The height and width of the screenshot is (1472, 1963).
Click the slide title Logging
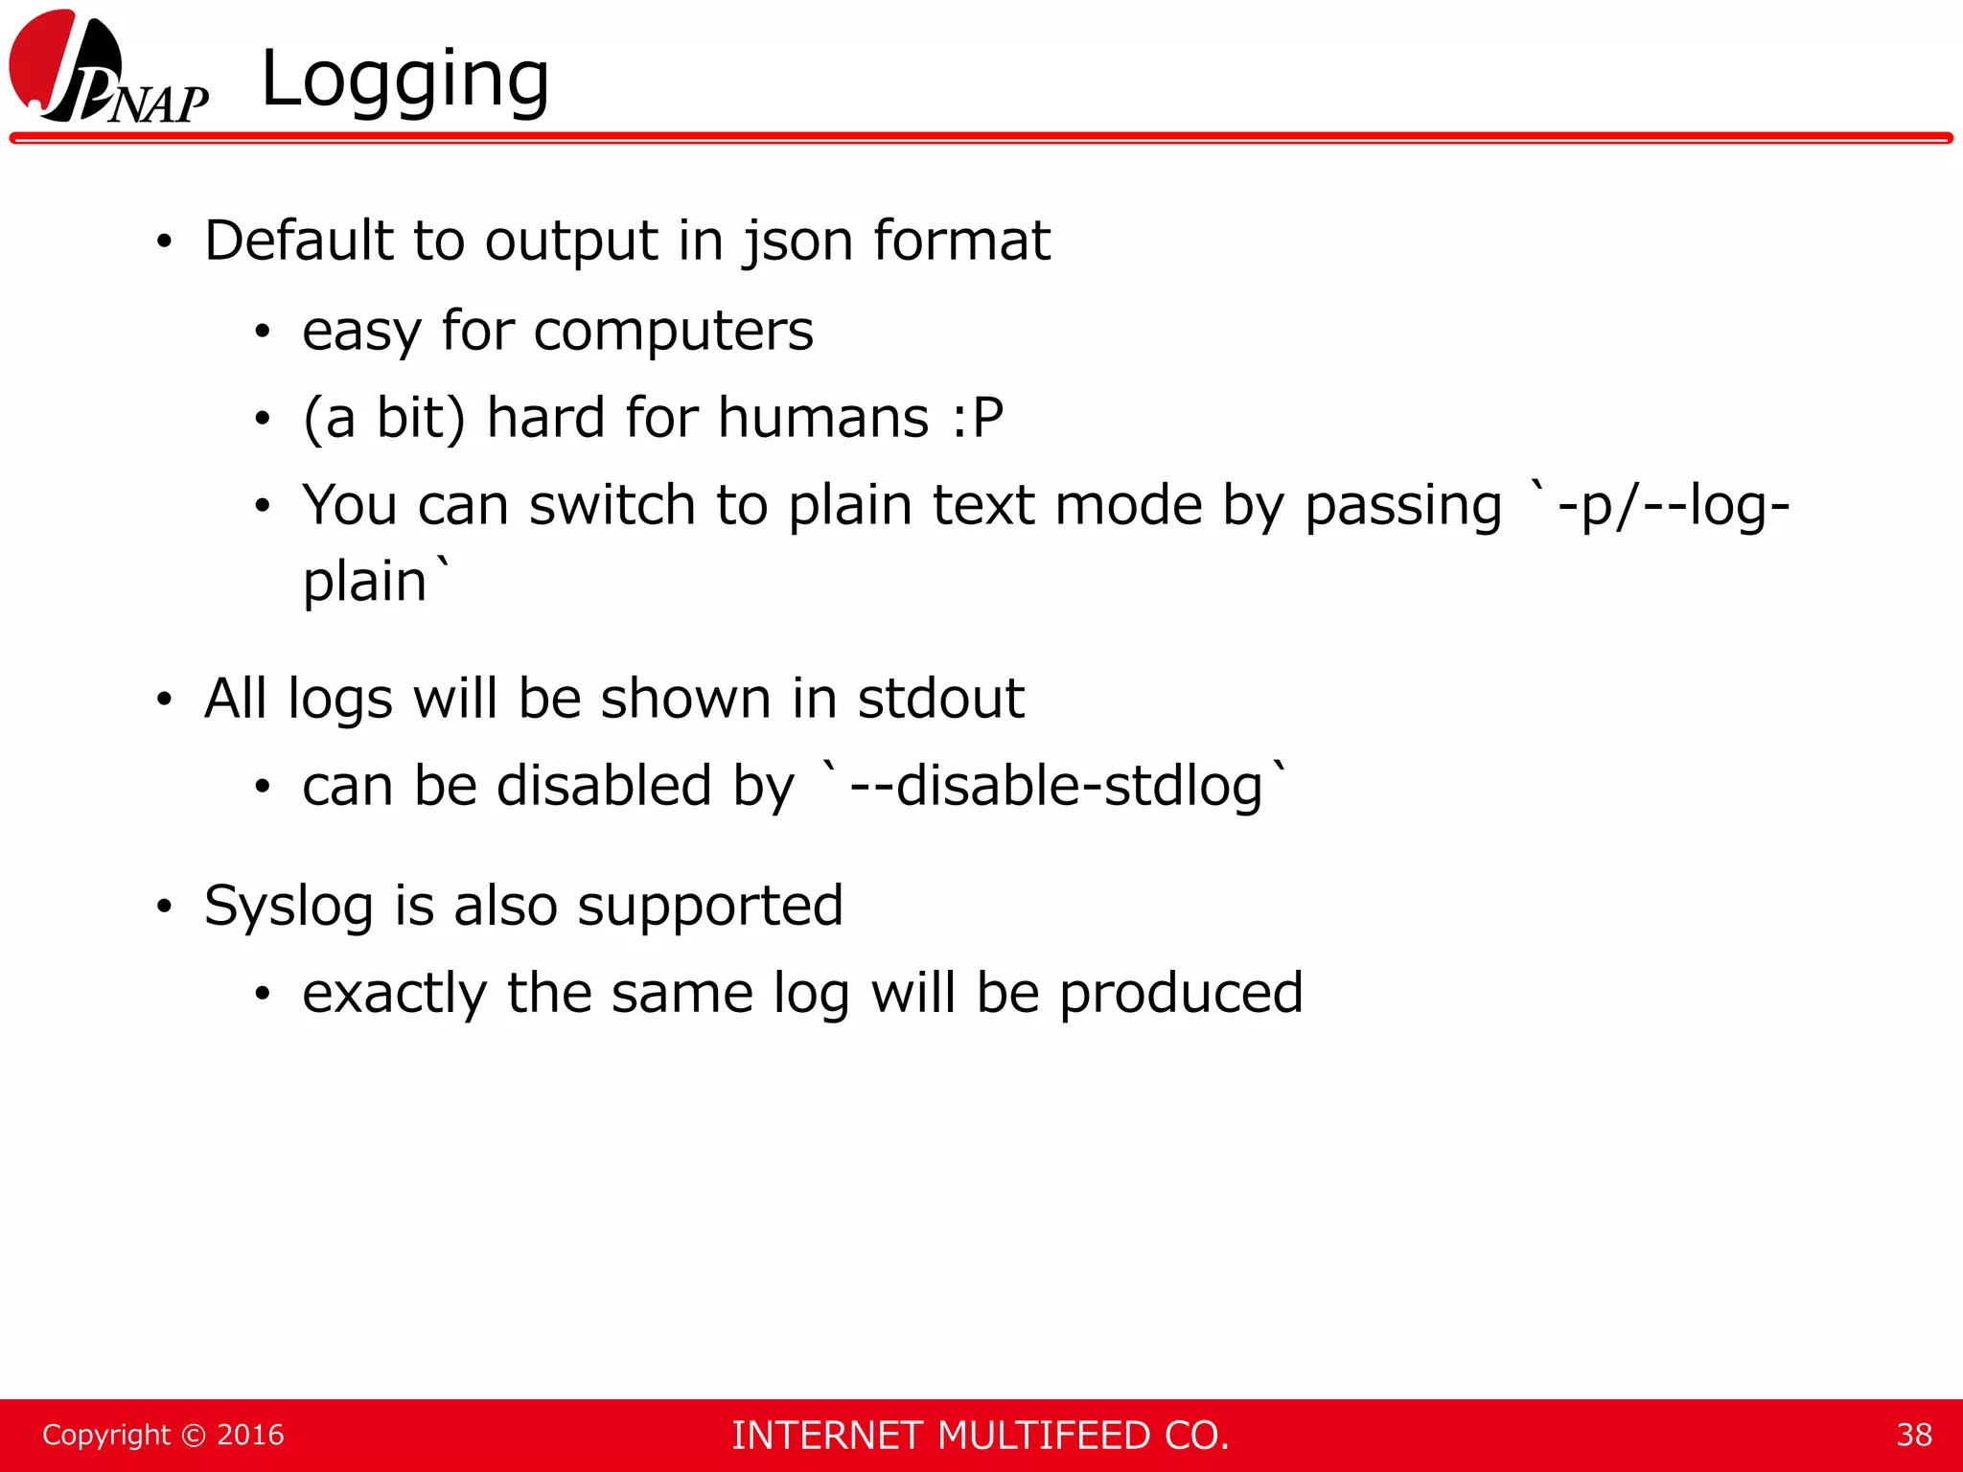coord(404,79)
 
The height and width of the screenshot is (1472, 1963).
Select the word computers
coord(673,332)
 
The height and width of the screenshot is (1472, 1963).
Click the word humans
coord(823,419)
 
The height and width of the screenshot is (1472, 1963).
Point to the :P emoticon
coord(977,419)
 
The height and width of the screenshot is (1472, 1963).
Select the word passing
coord(1402,507)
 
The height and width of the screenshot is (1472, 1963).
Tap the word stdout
coord(940,699)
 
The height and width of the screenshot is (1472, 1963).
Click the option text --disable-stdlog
coord(1055,786)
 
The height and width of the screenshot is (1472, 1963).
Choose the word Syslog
coord(289,907)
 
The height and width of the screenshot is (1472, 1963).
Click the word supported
coord(709,907)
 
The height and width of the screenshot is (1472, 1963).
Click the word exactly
coord(394,994)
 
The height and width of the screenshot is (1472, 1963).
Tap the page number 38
coord(1913,1435)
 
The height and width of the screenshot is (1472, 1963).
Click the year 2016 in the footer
coord(250,1435)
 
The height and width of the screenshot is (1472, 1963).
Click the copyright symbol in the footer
coord(193,1435)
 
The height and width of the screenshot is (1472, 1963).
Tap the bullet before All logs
coord(165,701)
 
